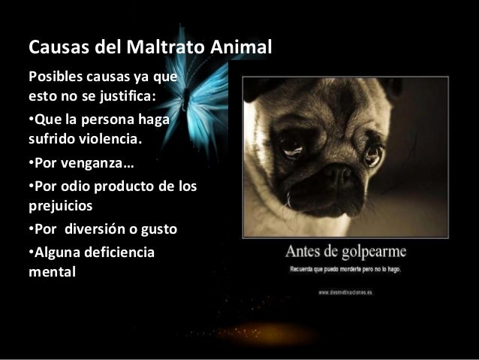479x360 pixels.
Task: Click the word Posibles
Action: click(x=53, y=78)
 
